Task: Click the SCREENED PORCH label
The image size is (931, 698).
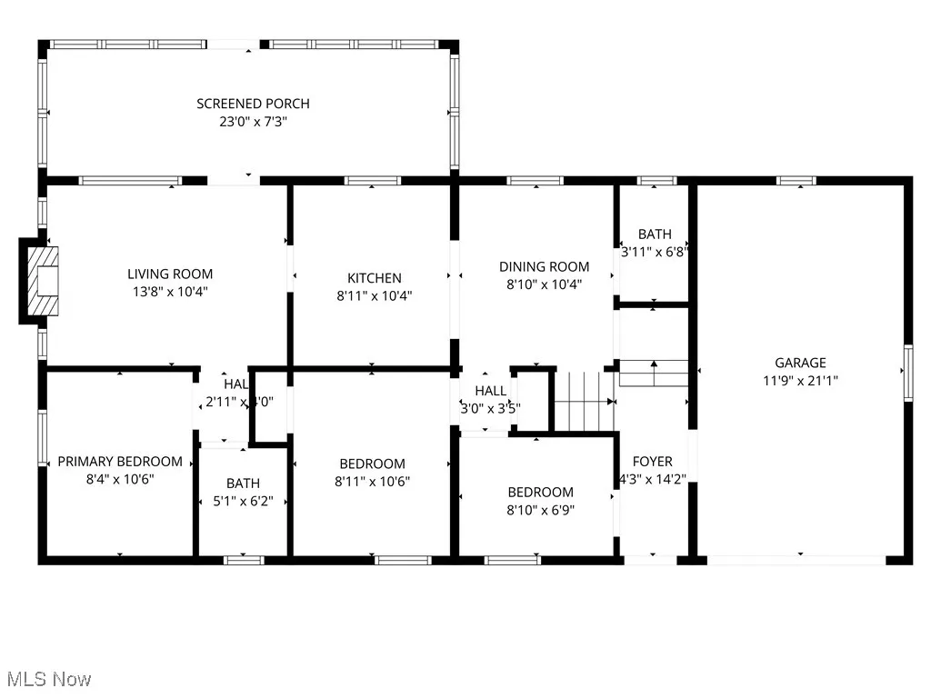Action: (253, 104)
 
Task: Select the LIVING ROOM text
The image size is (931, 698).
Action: (170, 274)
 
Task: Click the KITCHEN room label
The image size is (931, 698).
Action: (374, 278)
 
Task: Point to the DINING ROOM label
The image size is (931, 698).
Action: (544, 266)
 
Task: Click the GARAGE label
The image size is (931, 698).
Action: (800, 363)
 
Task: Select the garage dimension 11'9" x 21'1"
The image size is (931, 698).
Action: (800, 382)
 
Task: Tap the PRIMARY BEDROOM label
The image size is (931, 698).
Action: (120, 462)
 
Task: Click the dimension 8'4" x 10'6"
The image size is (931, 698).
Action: (120, 480)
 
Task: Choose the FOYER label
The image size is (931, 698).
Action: (653, 461)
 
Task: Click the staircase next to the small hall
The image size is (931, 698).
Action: (583, 401)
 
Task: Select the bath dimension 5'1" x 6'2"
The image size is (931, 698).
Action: (243, 501)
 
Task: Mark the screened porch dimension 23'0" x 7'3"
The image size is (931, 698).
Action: (253, 122)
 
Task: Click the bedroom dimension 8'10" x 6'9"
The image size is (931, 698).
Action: (540, 510)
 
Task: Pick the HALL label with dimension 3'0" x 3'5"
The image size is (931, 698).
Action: (490, 390)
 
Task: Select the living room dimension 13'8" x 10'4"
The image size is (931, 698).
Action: (170, 292)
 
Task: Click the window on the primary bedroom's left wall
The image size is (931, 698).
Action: (42, 441)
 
